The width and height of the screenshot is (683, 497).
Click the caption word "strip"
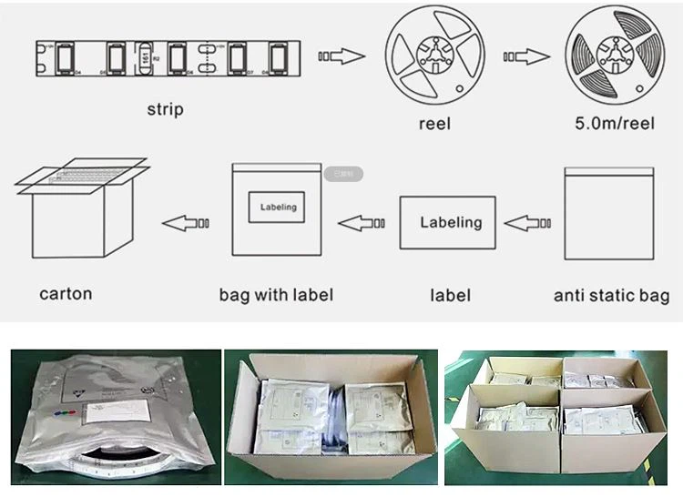(x=165, y=109)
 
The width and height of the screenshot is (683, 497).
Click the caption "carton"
(x=66, y=293)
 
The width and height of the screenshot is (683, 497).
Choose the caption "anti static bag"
(x=611, y=295)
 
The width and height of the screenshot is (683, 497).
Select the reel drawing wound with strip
(x=611, y=58)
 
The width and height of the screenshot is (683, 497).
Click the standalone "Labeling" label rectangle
(x=451, y=223)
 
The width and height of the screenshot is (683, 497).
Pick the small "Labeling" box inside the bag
(x=278, y=208)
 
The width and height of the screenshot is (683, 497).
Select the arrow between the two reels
(x=525, y=57)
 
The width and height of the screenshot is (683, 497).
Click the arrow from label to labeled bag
(x=362, y=221)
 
